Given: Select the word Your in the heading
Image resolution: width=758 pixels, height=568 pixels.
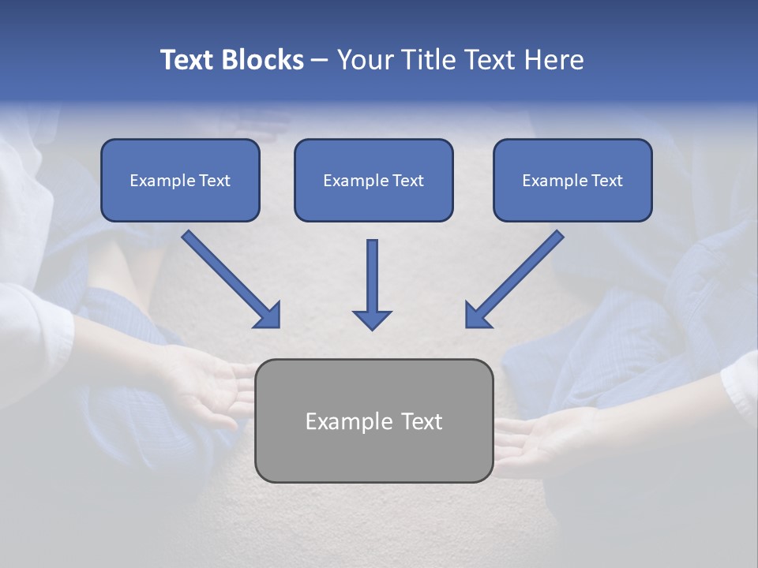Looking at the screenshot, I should coord(365,60).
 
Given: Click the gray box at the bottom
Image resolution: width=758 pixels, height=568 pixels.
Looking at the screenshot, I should coord(373,454).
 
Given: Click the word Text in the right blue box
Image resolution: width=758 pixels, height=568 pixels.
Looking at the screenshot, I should coord(606,181).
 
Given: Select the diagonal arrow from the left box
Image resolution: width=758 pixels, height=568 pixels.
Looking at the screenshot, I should coord(229,278).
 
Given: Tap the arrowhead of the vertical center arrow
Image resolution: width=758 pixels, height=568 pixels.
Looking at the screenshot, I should coord(372,319).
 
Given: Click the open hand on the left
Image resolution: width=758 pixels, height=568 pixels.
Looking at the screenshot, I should coord(209,387).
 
